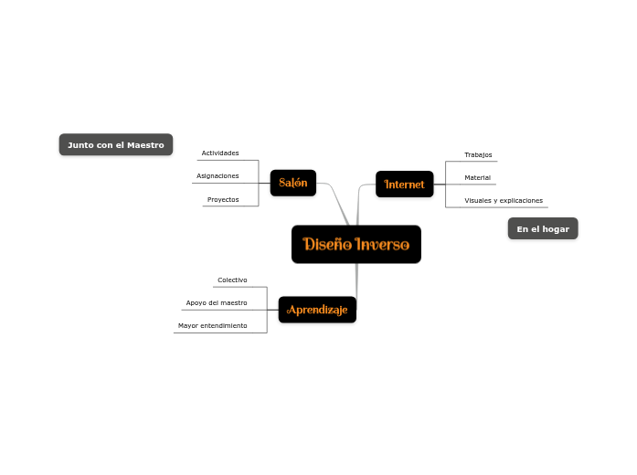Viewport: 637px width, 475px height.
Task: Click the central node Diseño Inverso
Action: (x=356, y=244)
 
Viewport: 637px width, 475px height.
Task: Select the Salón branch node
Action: (x=292, y=183)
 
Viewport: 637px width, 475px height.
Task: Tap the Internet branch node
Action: (x=404, y=184)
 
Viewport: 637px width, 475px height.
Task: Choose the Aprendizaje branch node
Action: (x=317, y=310)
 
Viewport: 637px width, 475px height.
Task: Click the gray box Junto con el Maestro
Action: (x=115, y=144)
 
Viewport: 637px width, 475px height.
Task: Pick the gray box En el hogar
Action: (x=542, y=228)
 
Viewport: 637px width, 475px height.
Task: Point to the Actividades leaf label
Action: (x=219, y=153)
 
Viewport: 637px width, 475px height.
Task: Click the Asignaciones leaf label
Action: (x=218, y=175)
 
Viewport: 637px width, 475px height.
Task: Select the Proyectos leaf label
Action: (x=222, y=199)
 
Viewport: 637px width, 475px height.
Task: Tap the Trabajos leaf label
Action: (x=477, y=154)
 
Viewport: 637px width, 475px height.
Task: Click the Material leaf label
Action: (x=477, y=177)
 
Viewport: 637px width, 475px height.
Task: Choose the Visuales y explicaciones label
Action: (x=503, y=200)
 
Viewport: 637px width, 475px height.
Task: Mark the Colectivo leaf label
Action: (x=232, y=280)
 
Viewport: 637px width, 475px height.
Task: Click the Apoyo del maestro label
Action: (x=216, y=302)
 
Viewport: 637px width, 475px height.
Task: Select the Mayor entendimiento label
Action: (x=212, y=325)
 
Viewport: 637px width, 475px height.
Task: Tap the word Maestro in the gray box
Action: (x=145, y=144)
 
